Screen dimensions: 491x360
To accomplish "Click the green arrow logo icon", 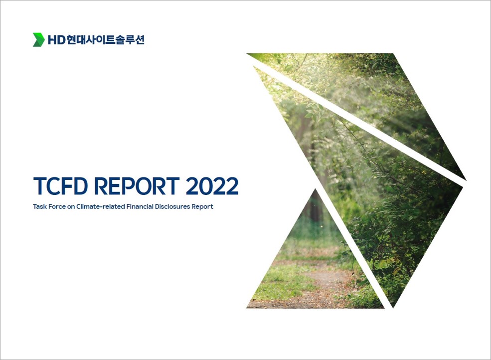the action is tap(38, 40).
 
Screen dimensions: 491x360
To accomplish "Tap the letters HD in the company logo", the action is tap(56, 40).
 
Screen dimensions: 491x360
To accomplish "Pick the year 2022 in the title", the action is tap(212, 186).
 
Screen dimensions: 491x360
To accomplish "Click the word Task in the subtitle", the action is tap(39, 207).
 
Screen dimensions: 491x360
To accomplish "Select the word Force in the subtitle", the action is tap(56, 207).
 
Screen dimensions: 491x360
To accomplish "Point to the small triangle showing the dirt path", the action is tap(315, 266).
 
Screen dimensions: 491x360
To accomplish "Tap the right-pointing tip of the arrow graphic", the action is tap(466, 180).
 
